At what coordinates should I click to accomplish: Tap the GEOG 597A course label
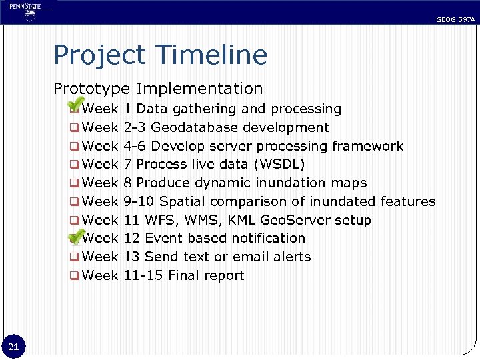[x=455, y=20]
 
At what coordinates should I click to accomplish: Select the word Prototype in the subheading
[x=91, y=89]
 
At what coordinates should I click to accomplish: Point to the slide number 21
[x=14, y=345]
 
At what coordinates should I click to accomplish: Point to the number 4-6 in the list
[x=135, y=146]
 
